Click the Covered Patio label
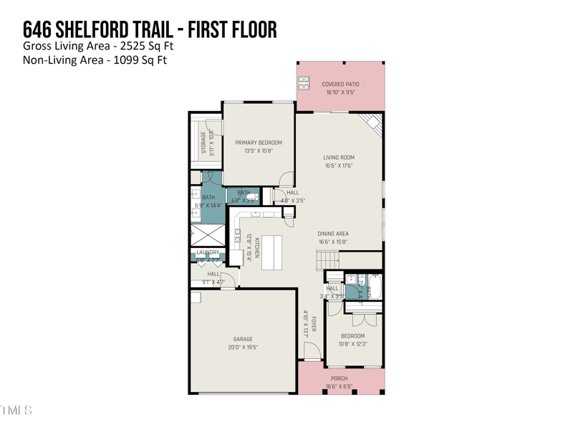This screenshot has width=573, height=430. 340,84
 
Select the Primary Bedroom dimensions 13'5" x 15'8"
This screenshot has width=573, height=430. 259,151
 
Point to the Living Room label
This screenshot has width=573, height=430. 339,158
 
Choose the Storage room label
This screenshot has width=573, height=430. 204,142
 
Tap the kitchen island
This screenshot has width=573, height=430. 271,252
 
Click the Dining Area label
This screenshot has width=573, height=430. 333,234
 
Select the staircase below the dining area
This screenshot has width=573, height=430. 327,260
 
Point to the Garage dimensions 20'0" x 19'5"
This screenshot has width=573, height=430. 243,348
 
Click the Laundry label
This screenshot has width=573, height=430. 208,252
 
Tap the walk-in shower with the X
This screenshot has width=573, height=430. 207,234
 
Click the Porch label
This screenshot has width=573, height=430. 339,378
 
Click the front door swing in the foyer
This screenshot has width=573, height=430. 312,351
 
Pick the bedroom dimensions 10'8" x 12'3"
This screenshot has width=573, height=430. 352,344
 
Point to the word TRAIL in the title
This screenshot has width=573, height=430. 149,29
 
